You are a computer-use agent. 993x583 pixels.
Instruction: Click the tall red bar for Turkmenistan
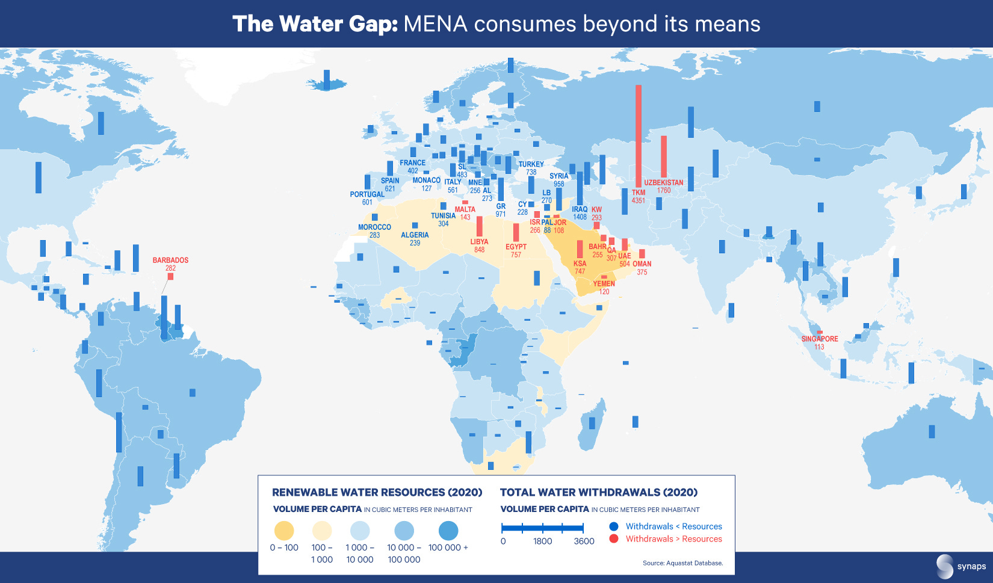(639, 135)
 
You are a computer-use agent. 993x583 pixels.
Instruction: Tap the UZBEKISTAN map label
(663, 182)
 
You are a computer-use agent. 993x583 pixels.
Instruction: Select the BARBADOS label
(170, 260)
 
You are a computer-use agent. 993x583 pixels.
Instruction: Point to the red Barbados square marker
(170, 276)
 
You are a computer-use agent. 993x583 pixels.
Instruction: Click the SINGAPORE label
(819, 339)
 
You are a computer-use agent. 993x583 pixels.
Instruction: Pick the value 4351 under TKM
(638, 201)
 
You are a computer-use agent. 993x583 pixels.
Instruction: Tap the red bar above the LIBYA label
(480, 226)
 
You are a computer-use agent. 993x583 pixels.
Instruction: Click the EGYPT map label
(516, 247)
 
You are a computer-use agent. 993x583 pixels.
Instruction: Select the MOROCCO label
(374, 227)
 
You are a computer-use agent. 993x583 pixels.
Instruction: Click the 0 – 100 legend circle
(284, 531)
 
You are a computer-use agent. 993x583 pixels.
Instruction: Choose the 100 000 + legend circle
(448, 531)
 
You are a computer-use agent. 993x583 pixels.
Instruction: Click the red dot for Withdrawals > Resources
(614, 538)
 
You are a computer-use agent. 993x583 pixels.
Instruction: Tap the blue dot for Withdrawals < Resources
(614, 526)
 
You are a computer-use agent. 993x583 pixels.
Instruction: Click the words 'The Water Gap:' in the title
(315, 24)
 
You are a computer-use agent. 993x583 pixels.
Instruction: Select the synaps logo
(961, 566)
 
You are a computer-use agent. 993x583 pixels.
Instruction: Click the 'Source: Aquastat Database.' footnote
(682, 563)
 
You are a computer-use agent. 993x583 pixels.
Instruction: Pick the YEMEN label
(604, 283)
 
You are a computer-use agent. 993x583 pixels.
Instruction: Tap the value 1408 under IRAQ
(580, 217)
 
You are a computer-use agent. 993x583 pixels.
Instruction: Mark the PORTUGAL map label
(367, 194)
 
